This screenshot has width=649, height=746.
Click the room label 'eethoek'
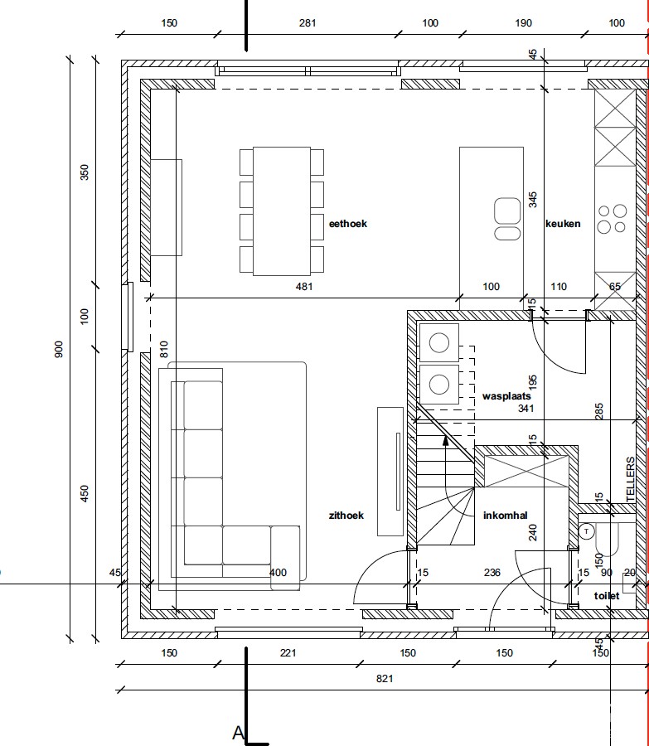point(348,224)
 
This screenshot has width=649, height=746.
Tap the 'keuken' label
point(563,224)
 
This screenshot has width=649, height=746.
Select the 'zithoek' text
point(346,516)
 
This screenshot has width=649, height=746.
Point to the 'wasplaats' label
point(506,396)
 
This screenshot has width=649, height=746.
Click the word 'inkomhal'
point(506,516)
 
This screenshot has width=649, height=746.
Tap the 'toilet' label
point(607,596)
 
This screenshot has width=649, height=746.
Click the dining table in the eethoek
point(282,211)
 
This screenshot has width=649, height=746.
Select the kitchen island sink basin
point(507,211)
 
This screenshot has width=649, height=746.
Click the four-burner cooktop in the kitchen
point(613,219)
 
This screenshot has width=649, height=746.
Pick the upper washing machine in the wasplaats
point(439,343)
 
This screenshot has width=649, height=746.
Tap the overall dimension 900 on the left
point(59,349)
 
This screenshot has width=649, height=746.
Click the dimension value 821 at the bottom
point(385,678)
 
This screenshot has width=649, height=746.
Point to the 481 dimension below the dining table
point(304,287)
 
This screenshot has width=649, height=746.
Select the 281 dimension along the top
point(308,23)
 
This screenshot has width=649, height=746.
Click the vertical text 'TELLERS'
point(631,480)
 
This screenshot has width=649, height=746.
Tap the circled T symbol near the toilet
point(587,531)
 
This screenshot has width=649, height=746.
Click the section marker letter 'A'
point(238,734)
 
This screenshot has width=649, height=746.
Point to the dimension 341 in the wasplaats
point(525,408)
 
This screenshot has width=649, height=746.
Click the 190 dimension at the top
point(523,23)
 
